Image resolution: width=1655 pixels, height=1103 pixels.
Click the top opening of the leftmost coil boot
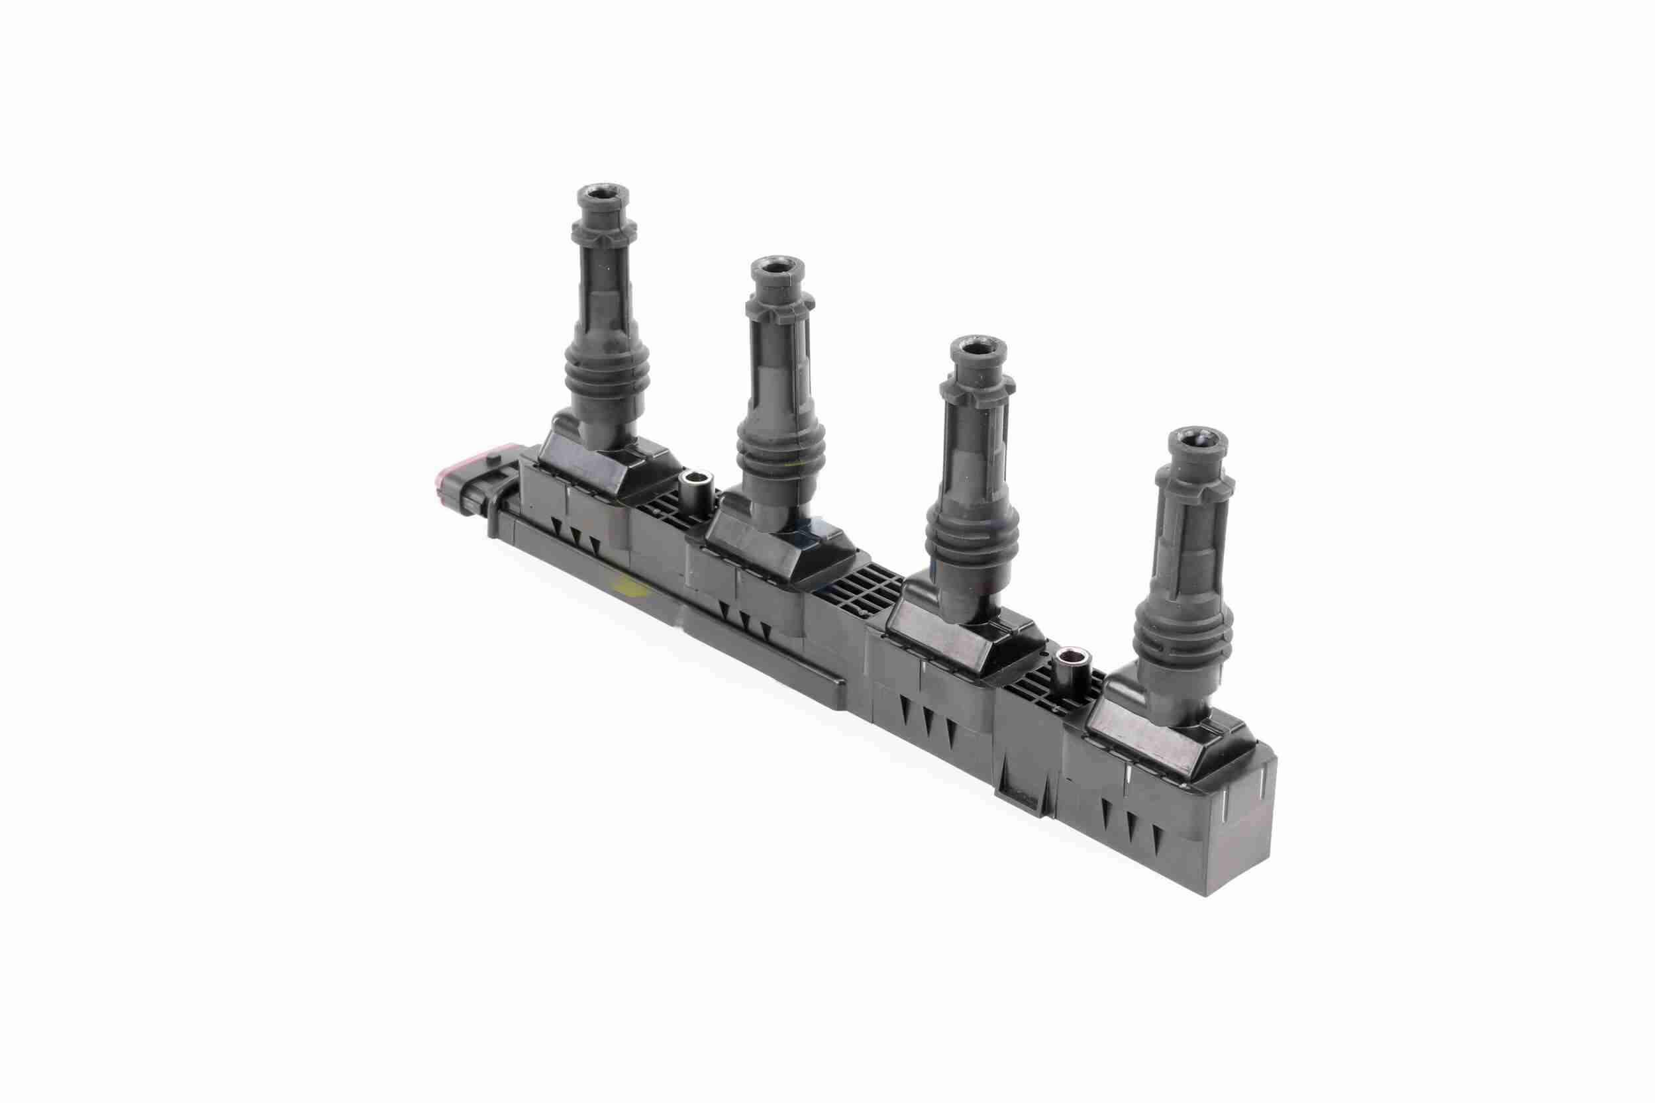click(x=603, y=193)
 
